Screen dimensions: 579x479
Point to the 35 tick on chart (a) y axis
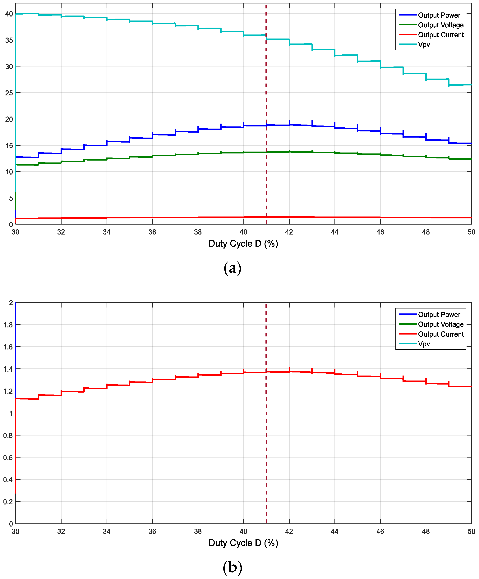coord(9,40)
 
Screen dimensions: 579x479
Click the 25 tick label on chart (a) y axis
coord(9,93)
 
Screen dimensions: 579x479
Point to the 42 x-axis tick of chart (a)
coord(289,232)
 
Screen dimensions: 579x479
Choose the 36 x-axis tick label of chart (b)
coord(152,531)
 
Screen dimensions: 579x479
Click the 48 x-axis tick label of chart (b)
coord(426,531)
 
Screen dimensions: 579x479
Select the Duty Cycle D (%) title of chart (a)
coord(243,244)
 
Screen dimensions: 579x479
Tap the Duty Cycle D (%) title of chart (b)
coord(243,543)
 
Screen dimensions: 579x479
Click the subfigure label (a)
coord(233,268)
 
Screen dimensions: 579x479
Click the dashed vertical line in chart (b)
coord(266,441)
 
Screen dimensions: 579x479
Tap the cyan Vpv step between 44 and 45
coord(346,55)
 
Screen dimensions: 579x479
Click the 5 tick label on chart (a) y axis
coord(11,198)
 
